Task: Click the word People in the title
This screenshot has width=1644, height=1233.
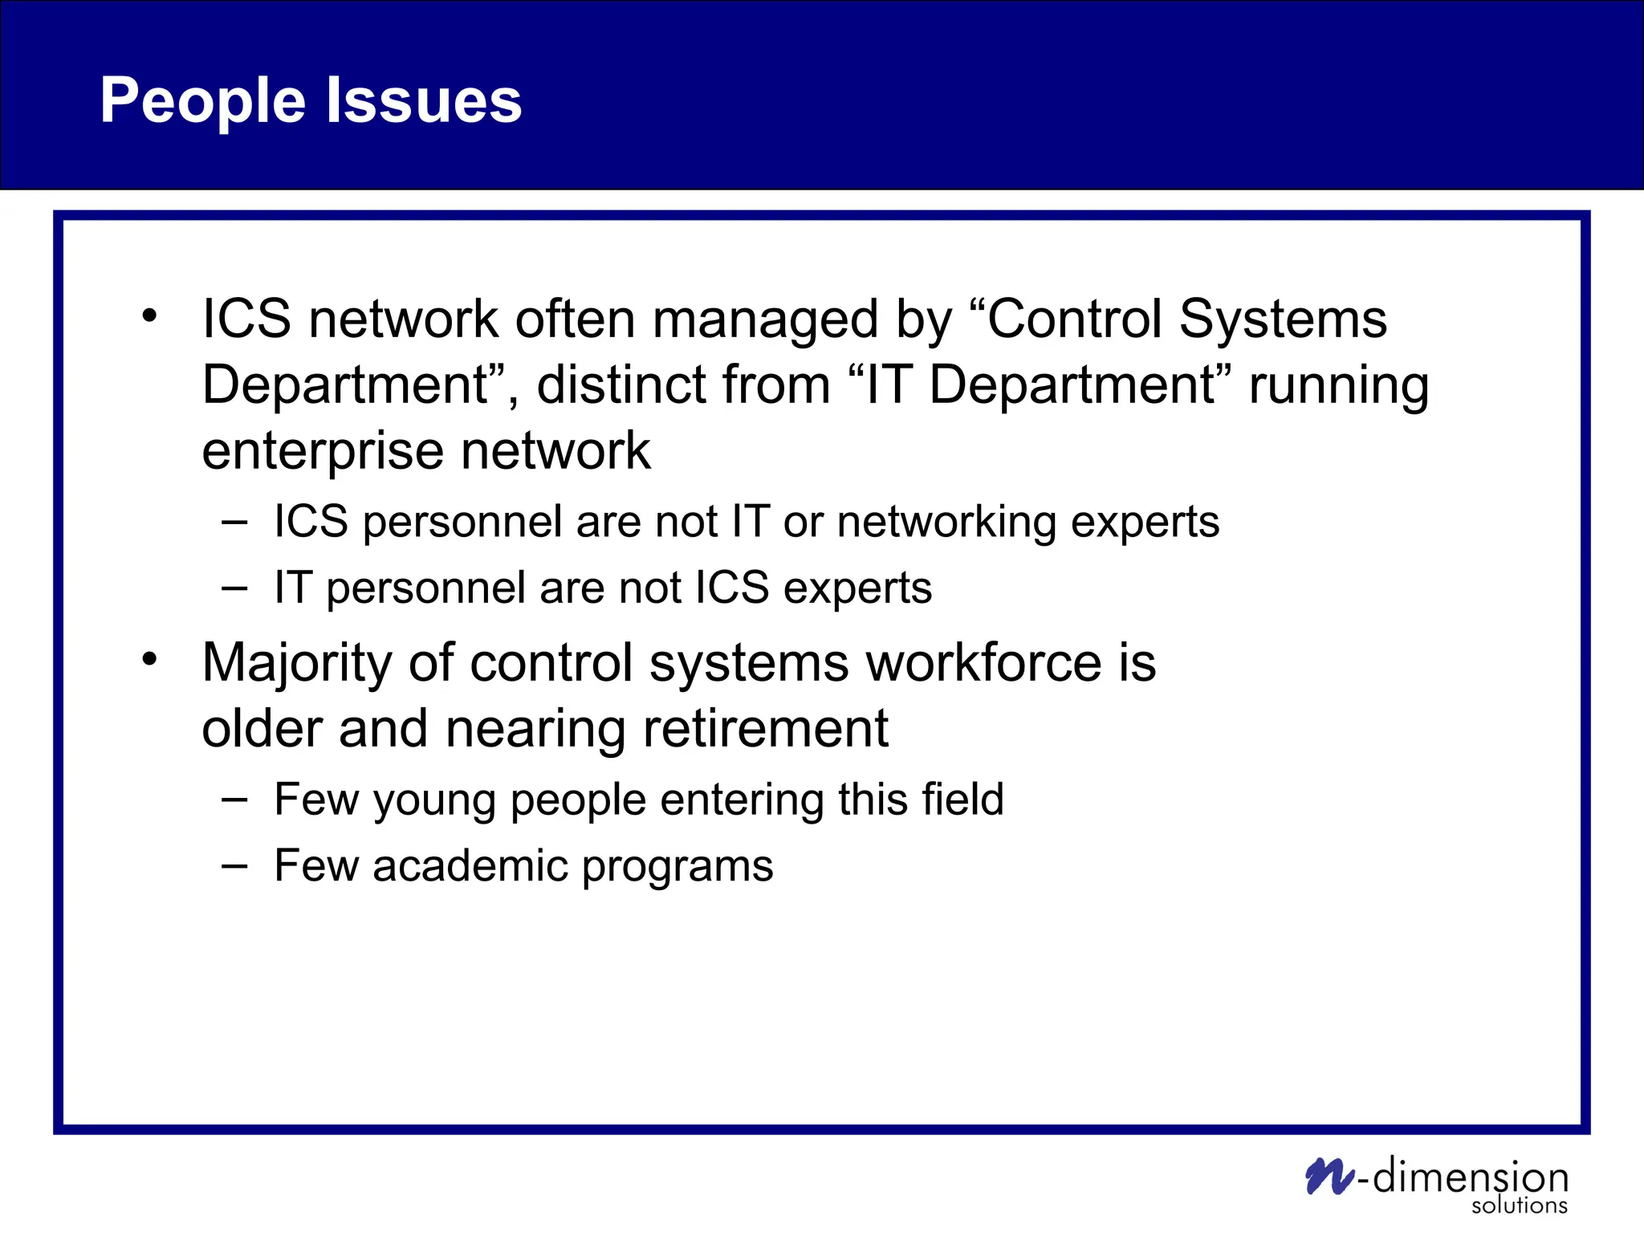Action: click(x=202, y=101)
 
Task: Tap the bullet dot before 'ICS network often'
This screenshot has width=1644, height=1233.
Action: click(x=149, y=315)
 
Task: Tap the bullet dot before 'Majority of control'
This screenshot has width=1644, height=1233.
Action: click(x=149, y=659)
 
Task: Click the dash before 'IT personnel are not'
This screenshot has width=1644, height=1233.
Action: click(x=234, y=588)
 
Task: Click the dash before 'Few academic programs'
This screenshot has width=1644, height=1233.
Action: click(x=234, y=866)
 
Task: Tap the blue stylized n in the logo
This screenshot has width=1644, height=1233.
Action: click(x=1329, y=1177)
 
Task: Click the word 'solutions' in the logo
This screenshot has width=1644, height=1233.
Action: click(x=1519, y=1206)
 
